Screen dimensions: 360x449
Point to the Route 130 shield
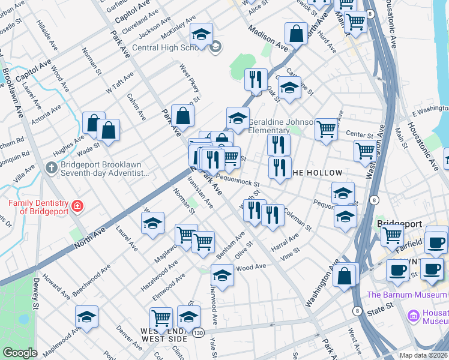coord(197,331)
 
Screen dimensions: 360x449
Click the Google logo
coord(20,353)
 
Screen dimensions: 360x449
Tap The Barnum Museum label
coord(406,295)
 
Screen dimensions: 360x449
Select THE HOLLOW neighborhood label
coord(316,173)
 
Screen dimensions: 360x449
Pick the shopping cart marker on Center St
coord(326,129)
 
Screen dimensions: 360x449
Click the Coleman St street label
coord(298,219)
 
